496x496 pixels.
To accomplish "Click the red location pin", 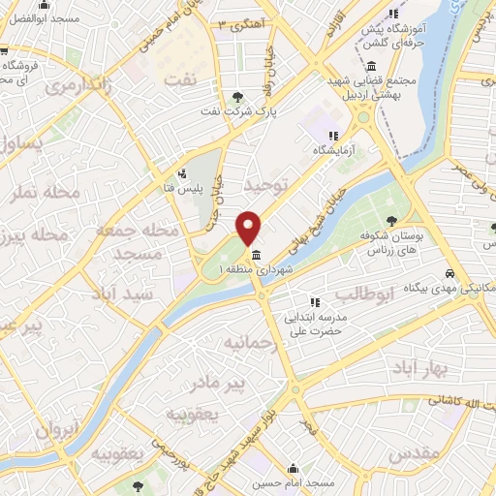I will point(249,227).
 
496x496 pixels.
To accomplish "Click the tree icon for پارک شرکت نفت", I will point(238,95).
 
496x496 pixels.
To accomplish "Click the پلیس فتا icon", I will point(166,176).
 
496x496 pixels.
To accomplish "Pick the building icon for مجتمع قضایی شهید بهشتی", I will point(372,66).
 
